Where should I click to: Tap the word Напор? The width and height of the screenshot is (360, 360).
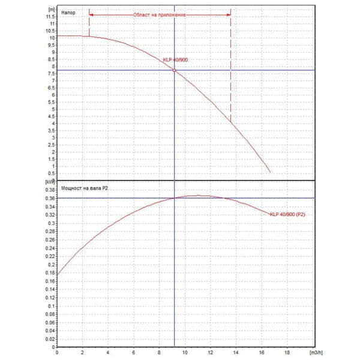click(x=68, y=13)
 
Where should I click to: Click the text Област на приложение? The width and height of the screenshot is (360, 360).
click(x=159, y=13)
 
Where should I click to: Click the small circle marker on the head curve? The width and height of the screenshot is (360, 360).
click(x=175, y=70)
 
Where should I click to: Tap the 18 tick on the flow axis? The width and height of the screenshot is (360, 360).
click(x=287, y=351)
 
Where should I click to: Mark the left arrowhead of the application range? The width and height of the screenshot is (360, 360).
click(x=91, y=13)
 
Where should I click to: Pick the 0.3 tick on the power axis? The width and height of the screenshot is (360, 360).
click(x=53, y=223)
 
